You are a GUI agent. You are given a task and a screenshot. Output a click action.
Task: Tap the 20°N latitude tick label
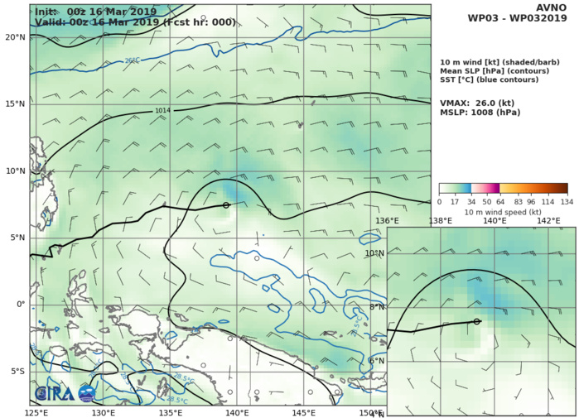pyautogui.click(x=14, y=37)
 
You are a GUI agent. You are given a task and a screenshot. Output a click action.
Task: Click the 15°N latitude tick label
pyautogui.click(x=14, y=104)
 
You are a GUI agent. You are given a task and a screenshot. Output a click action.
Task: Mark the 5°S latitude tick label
pyautogui.click(x=16, y=372)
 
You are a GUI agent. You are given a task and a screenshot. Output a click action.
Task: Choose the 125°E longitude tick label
pyautogui.click(x=36, y=412)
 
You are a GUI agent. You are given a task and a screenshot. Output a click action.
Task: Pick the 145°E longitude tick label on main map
pyautogui.click(x=304, y=412)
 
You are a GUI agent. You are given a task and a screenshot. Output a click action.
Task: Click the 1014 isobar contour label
pyautogui.click(x=163, y=110)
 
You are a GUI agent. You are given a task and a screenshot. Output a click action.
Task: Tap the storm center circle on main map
pyautogui.click(x=226, y=204)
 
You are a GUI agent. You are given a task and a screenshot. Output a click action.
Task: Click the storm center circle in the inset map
pyautogui.click(x=477, y=321)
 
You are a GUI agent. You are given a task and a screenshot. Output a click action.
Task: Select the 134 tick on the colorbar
pyautogui.click(x=567, y=200)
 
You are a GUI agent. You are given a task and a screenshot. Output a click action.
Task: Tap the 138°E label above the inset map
pyautogui.click(x=441, y=221)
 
